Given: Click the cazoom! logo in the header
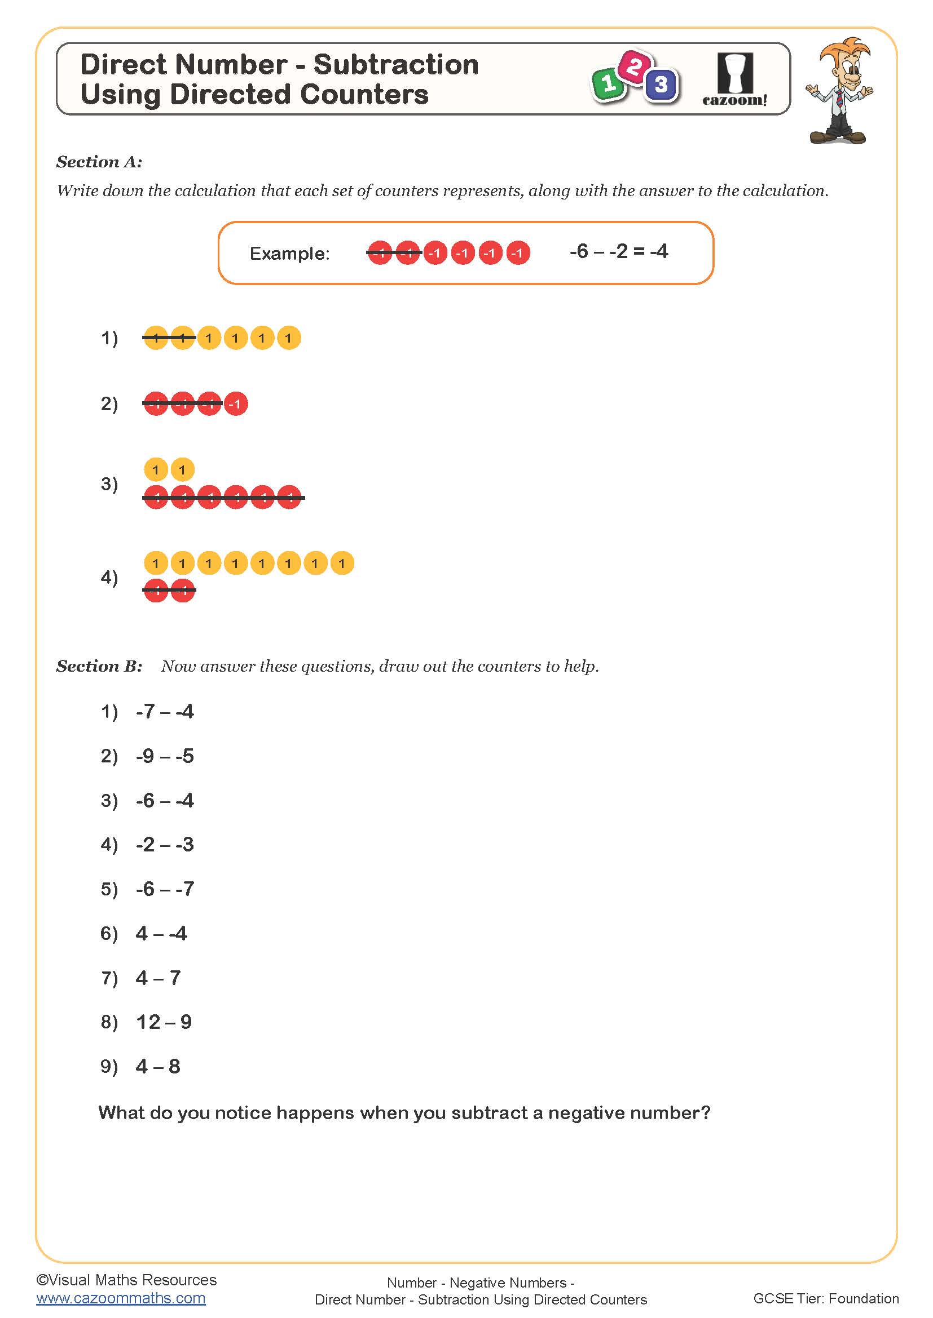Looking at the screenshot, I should coord(735,81).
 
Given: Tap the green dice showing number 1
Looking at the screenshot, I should coord(608,85).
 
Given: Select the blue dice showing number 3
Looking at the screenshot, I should coord(661,85).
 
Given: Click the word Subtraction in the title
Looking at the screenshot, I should coord(396,64).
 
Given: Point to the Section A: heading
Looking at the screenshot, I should coord(99,162).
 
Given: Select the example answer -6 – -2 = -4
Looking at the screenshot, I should coord(618,251).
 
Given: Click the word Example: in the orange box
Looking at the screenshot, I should coord(289,254).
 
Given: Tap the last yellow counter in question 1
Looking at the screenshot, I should coord(288,338).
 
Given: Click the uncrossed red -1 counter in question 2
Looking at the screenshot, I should coord(236,404).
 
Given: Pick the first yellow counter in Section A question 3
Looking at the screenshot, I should coord(156,470).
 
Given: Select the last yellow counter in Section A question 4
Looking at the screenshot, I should coord(342,563).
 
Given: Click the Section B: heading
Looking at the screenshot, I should coord(99,667).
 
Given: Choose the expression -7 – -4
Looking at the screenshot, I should coord(165,712).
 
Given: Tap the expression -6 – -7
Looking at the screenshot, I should coord(165,889).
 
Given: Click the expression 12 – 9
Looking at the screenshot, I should coord(164,1022).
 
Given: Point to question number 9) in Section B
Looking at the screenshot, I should coord(109,1067).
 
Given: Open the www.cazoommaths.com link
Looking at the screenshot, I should coord(121,1298).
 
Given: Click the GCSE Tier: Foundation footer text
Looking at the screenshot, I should coord(826,1298).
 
